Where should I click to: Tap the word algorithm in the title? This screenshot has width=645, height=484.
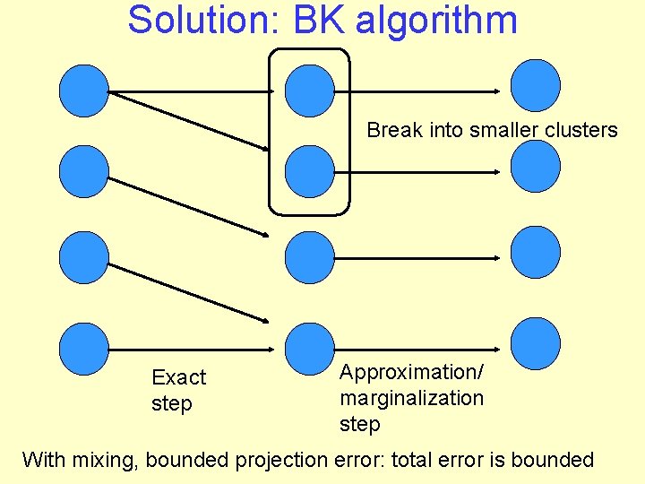pyautogui.click(x=436, y=20)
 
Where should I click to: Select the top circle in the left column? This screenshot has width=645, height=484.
pyautogui.click(x=83, y=90)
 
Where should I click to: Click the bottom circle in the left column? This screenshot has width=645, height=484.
pyautogui.click(x=83, y=348)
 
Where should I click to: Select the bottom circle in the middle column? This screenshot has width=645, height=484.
pyautogui.click(x=309, y=348)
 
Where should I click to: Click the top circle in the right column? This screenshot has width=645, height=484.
pyautogui.click(x=535, y=85)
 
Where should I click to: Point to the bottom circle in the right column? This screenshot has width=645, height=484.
pyautogui.click(x=535, y=344)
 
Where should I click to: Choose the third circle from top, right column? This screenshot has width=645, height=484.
pyautogui.click(x=535, y=251)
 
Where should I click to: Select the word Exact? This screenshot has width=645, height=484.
pyautogui.click(x=178, y=377)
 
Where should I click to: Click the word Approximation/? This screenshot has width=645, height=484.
pyautogui.click(x=411, y=372)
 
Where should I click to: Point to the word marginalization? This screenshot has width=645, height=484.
pyautogui.click(x=411, y=398)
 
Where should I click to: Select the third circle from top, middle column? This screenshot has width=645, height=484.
pyautogui.click(x=309, y=257)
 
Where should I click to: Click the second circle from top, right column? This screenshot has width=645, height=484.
pyautogui.click(x=535, y=166)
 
